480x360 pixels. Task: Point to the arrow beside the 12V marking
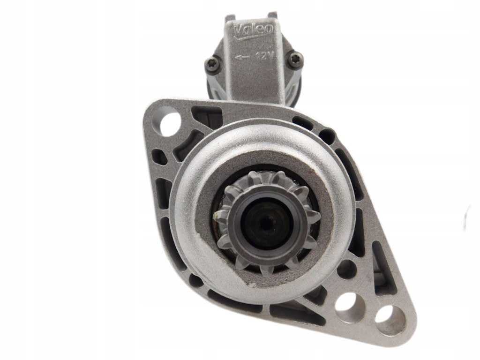tap(242, 57)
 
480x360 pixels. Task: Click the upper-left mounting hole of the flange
tap(169, 121)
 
